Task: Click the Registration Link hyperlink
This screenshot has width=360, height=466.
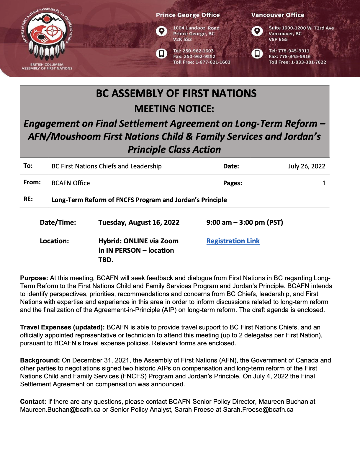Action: [233, 241]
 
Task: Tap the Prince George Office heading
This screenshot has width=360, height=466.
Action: [188, 15]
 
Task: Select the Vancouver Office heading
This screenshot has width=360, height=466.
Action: [278, 15]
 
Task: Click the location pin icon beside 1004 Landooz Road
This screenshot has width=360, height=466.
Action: [161, 31]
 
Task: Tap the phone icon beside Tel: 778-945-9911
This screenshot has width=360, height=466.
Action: [257, 53]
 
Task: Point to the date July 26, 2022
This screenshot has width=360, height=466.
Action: [307, 166]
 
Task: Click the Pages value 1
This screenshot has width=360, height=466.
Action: [324, 183]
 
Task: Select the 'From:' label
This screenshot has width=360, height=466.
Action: [32, 182]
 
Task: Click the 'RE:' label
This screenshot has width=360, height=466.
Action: [28, 199]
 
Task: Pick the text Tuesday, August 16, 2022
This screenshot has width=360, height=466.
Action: [139, 222]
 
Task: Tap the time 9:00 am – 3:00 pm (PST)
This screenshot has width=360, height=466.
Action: [245, 222]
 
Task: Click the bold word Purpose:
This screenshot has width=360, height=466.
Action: [34, 278]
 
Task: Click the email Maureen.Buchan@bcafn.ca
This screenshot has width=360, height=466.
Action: [60, 410]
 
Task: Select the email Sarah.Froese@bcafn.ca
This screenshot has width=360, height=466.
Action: [258, 410]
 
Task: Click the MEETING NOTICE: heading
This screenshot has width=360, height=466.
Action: [174, 109]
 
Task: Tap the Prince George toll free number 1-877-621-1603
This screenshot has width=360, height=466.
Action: [213, 62]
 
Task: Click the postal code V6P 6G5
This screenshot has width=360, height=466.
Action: [278, 39]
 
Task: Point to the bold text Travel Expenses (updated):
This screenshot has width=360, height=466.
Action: [62, 327]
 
